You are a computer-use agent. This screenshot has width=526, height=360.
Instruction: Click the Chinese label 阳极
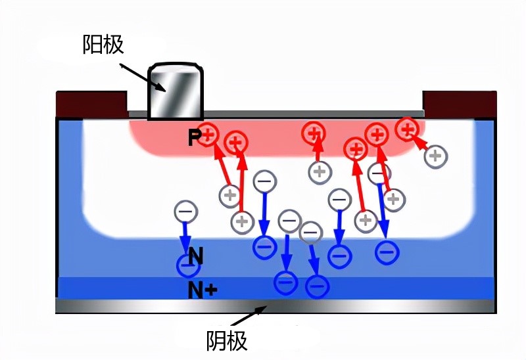[104, 45]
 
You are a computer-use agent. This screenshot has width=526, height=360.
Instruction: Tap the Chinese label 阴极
[227, 340]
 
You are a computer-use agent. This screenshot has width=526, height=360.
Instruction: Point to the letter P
[194, 137]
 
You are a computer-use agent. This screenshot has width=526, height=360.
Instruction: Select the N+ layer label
[201, 289]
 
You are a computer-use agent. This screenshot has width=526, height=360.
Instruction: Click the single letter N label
[195, 256]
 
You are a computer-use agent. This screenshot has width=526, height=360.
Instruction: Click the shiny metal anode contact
[176, 92]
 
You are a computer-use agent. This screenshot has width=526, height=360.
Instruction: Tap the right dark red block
[459, 102]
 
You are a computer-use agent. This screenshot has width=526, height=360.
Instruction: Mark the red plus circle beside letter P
[208, 135]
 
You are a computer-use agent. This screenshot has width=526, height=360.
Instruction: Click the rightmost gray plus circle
[435, 156]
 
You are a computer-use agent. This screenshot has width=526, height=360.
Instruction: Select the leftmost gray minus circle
[185, 212]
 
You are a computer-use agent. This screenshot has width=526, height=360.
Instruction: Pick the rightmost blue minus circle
[387, 250]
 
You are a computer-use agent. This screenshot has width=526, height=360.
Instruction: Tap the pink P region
[276, 139]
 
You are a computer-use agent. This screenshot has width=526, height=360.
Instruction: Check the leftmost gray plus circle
[230, 194]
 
